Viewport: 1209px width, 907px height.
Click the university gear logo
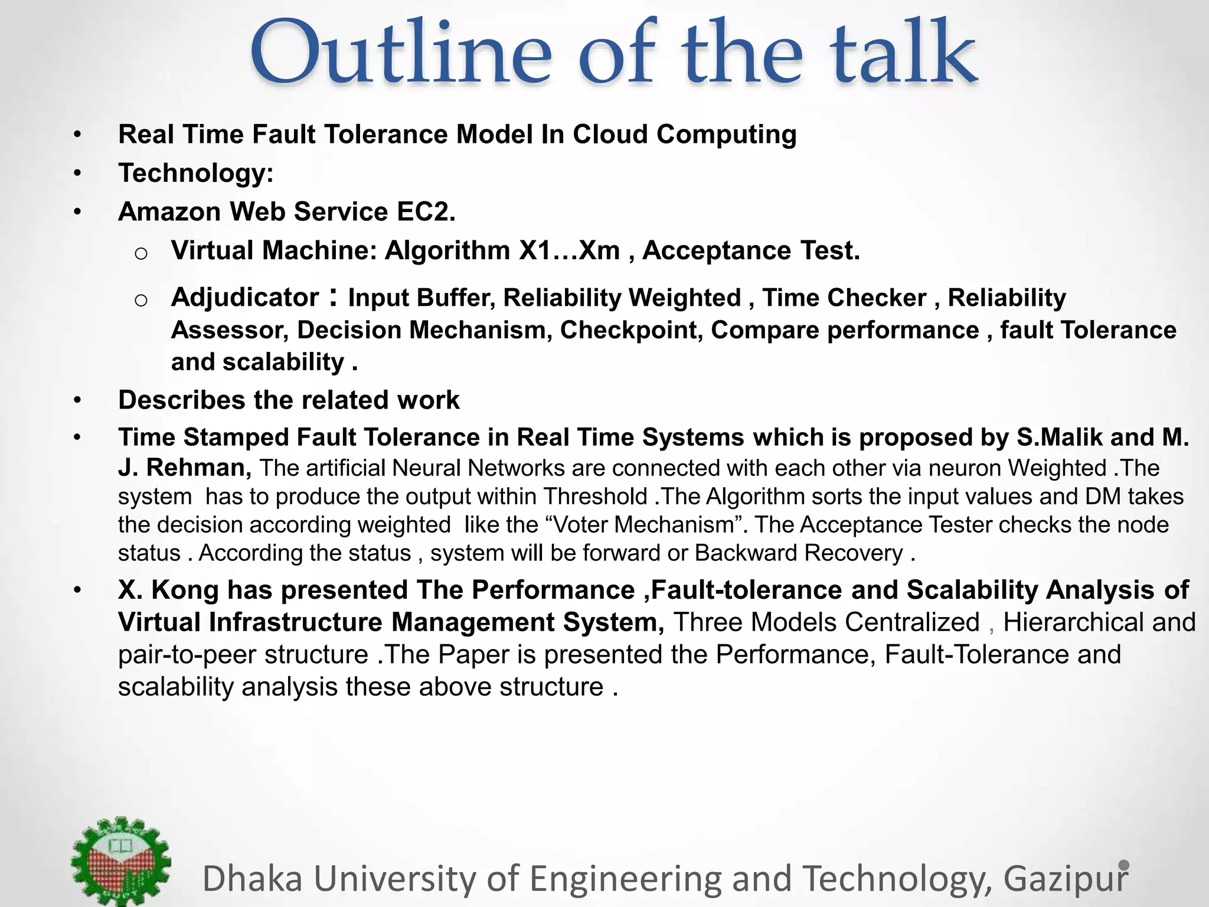tap(121, 861)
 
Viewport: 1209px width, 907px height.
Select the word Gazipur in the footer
tap(1066, 878)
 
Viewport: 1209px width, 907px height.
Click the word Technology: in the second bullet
tap(196, 174)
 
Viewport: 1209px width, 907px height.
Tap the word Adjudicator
tap(245, 298)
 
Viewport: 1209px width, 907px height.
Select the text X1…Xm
tap(569, 251)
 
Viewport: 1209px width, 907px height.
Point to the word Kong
tap(185, 590)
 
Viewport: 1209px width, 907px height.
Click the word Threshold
tap(595, 497)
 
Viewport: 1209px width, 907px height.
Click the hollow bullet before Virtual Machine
tap(140, 253)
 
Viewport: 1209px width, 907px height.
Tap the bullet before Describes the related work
tap(77, 401)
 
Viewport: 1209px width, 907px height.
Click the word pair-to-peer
tap(184, 655)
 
